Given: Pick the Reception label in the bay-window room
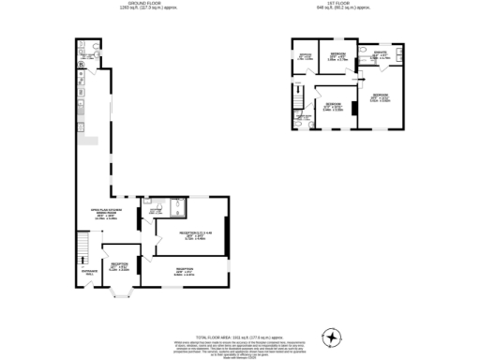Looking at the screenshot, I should coord(120,265).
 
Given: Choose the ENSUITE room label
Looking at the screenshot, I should coord(380,55).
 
